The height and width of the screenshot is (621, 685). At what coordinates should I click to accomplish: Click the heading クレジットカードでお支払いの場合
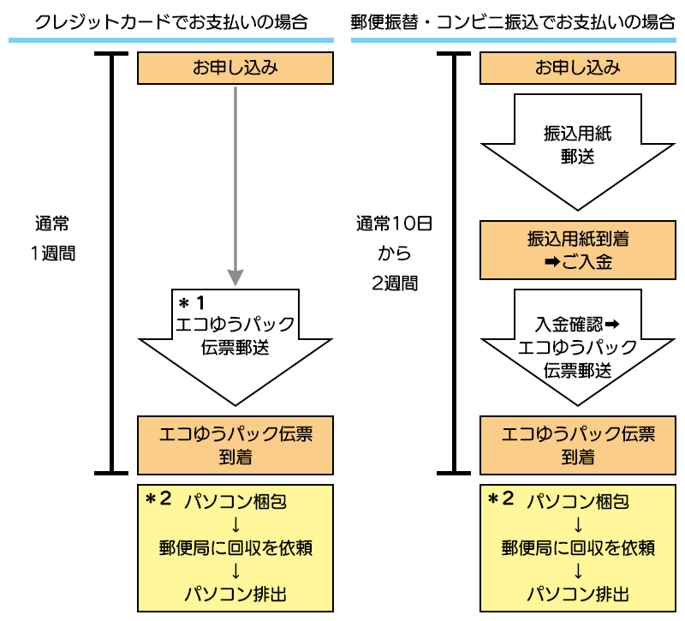171,21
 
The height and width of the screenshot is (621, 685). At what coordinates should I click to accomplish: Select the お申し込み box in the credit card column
235,68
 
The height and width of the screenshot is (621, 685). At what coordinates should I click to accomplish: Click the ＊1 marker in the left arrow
193,303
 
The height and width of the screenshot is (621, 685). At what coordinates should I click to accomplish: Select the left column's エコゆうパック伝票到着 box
235,445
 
